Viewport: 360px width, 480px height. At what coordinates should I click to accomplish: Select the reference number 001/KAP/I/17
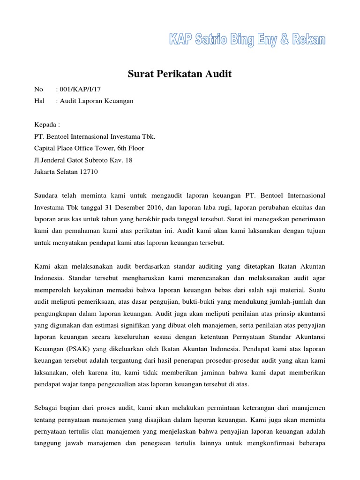pos(78,89)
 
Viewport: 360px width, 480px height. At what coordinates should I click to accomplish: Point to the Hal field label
pos(39,101)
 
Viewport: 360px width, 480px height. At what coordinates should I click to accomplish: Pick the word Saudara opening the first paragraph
pos(47,195)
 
